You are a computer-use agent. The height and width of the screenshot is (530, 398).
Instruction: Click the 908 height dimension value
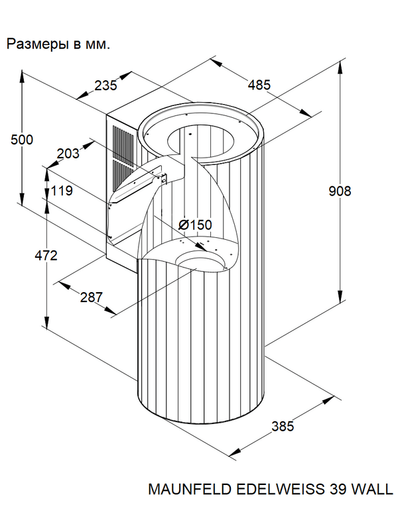(340, 191)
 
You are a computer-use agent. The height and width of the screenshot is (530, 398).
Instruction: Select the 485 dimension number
(259, 85)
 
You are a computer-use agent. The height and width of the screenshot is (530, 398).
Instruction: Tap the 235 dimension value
(105, 85)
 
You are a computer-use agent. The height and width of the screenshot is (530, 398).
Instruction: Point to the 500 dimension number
(22, 140)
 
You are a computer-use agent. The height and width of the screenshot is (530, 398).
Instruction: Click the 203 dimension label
(68, 154)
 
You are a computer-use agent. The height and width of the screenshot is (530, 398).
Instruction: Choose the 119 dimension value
(62, 191)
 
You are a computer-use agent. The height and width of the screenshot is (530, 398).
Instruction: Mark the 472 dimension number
(46, 256)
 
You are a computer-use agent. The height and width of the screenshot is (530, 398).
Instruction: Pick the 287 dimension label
(92, 297)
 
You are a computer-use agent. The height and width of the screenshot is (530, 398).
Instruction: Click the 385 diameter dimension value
(283, 427)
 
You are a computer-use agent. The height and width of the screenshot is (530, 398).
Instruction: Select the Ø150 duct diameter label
(195, 225)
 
